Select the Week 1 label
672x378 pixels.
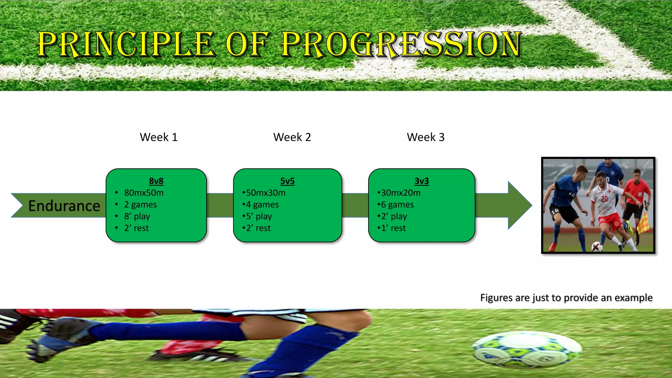coord(158,137)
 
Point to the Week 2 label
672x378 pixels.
coord(292,137)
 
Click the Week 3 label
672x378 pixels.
coord(426,137)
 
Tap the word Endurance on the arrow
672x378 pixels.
coord(64,206)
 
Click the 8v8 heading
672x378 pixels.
coord(156,181)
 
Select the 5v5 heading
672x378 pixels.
coord(287,181)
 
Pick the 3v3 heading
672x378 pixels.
coord(422,181)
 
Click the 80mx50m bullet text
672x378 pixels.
coord(144,193)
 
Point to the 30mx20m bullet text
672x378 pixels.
coord(401,193)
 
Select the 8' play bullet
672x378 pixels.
coord(137,217)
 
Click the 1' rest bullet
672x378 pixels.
coord(393,228)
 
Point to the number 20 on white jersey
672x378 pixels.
coord(605,199)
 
